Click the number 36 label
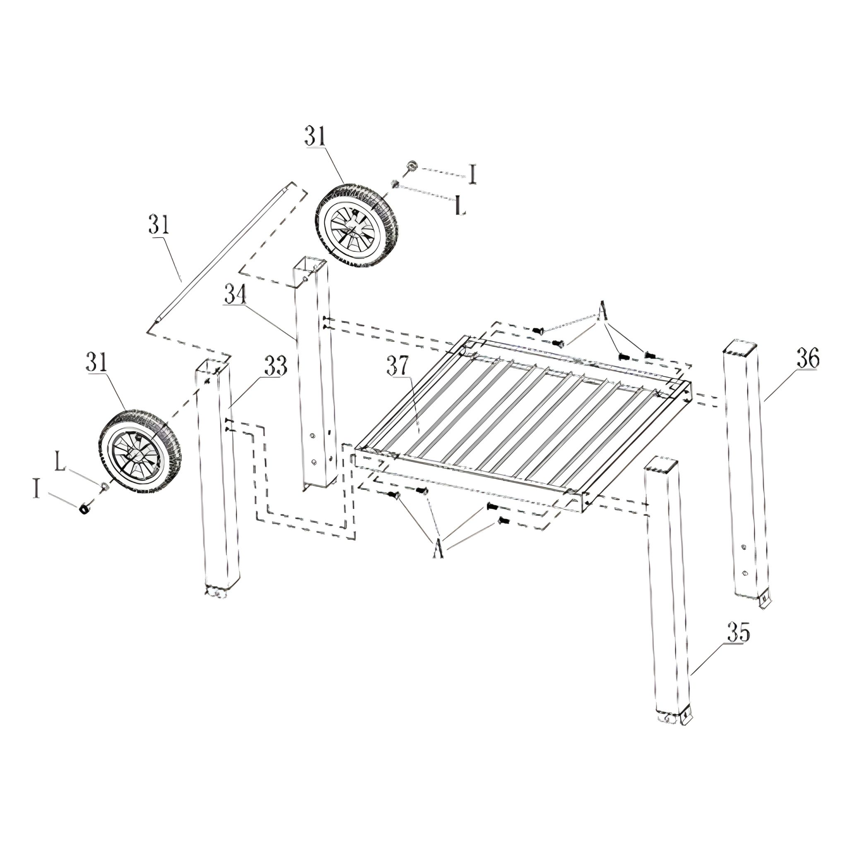coord(807,359)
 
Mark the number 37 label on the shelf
coord(399,366)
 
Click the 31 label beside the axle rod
coord(159,225)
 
